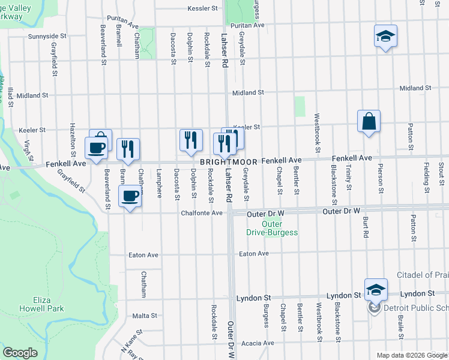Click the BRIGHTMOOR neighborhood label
229,162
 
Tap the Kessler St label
202,8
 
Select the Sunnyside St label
47,37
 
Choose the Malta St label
145,315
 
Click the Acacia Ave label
257,343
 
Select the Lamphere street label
159,183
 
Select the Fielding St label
425,178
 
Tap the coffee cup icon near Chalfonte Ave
130,196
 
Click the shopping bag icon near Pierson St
369,121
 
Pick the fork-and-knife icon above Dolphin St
191,140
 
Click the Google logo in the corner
20,353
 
